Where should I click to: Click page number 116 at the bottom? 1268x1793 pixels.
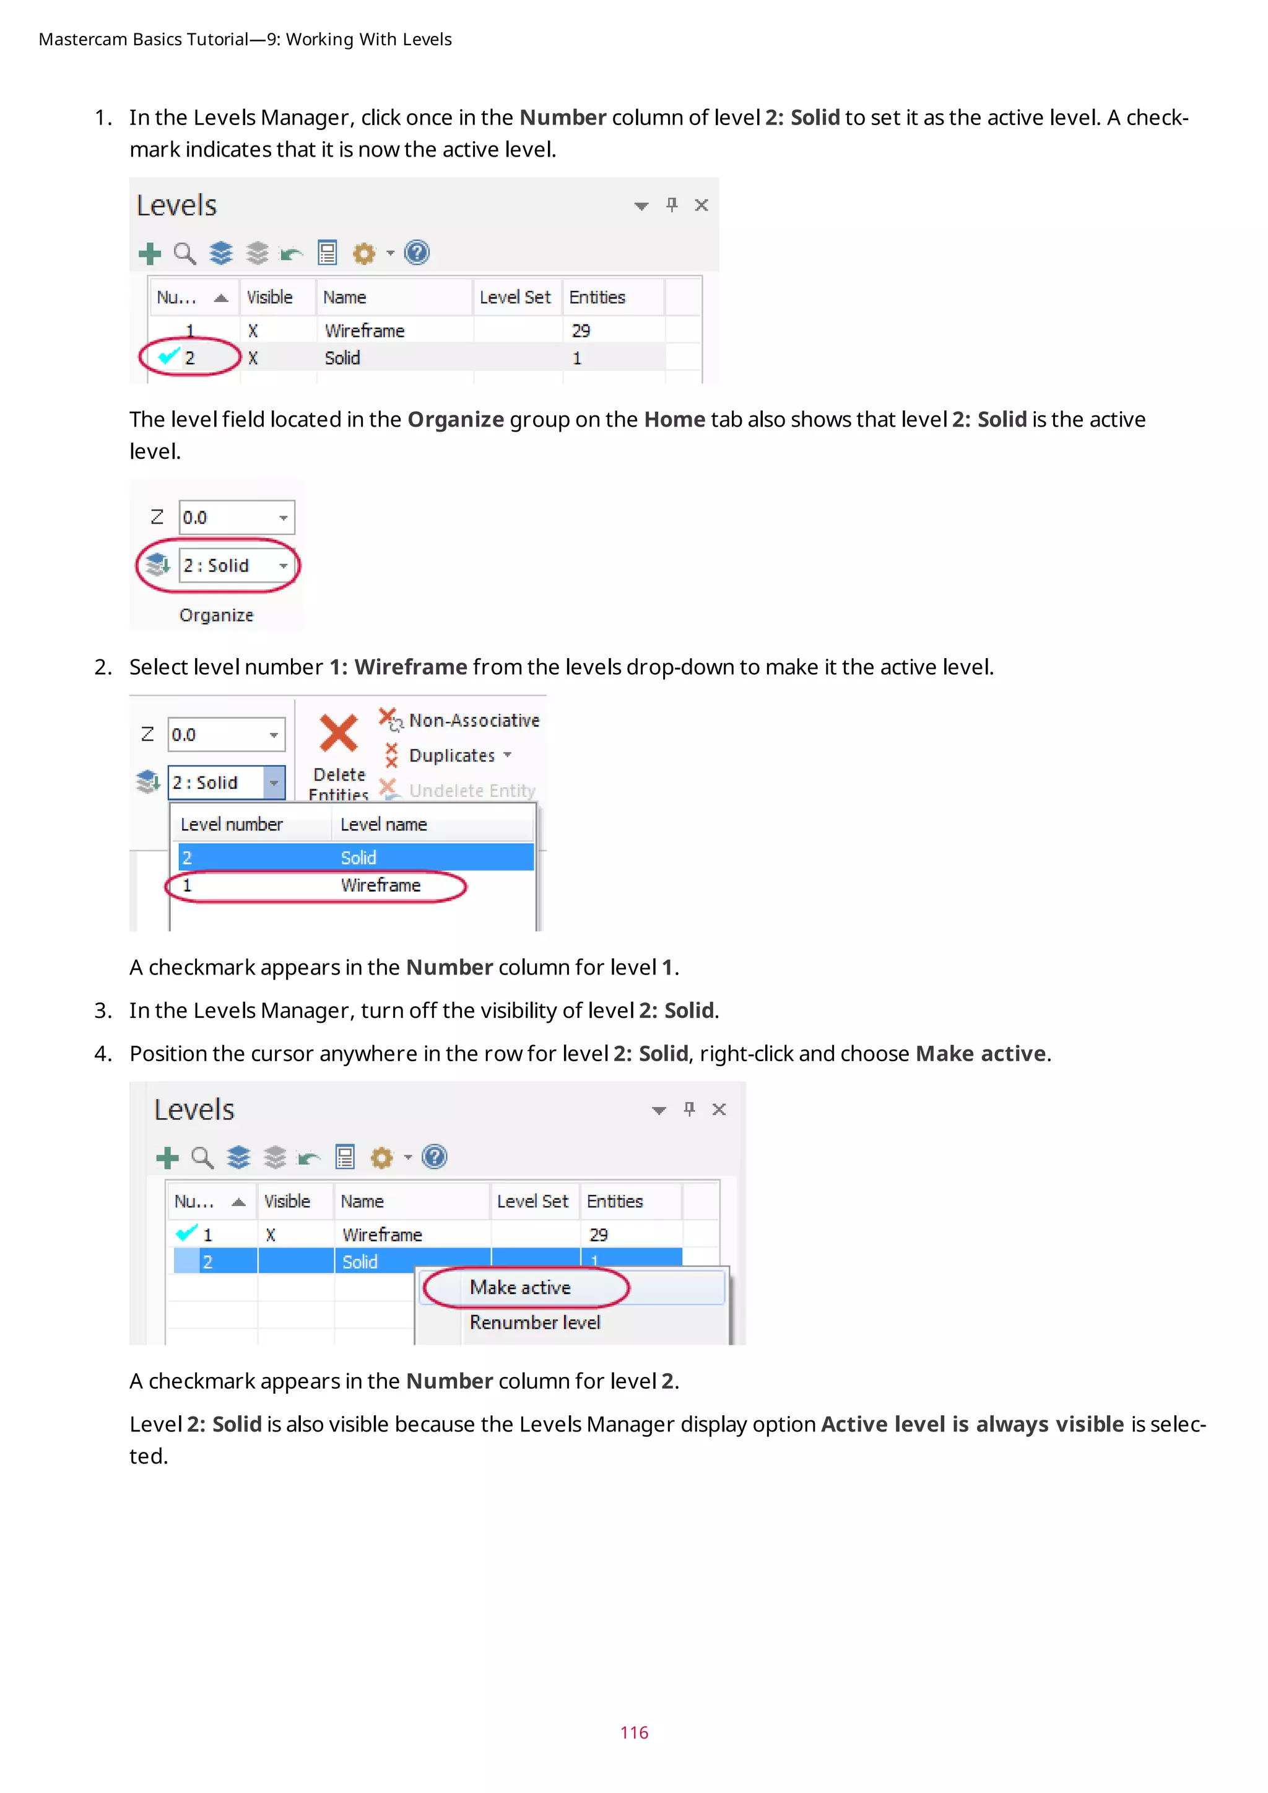[x=633, y=1732]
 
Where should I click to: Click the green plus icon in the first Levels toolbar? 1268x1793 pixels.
[x=150, y=254]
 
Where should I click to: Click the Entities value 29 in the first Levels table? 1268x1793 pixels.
[x=580, y=331]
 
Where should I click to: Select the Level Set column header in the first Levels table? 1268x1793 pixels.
[x=515, y=298]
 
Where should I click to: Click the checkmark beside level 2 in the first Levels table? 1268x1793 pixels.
[x=168, y=357]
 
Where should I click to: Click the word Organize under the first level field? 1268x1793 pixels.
[x=216, y=615]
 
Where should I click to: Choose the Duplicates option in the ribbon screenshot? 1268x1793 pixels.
[x=451, y=755]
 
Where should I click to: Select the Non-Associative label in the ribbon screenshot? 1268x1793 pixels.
[x=473, y=720]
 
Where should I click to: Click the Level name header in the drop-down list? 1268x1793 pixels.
[x=383, y=825]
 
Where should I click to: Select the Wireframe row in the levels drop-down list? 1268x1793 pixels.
[x=380, y=885]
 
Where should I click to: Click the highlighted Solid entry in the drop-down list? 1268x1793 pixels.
[x=358, y=857]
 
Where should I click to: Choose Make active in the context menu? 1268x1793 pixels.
[x=520, y=1288]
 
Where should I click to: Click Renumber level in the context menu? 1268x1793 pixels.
[x=535, y=1323]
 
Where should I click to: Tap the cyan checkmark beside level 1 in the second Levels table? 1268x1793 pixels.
[x=186, y=1233]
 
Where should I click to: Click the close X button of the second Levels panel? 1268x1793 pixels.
[x=719, y=1109]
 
